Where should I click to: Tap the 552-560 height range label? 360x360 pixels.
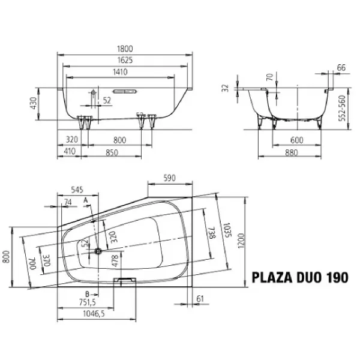[x=343, y=107]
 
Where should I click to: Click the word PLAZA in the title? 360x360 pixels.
[x=272, y=277]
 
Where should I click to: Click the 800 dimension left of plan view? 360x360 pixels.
[x=7, y=257]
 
